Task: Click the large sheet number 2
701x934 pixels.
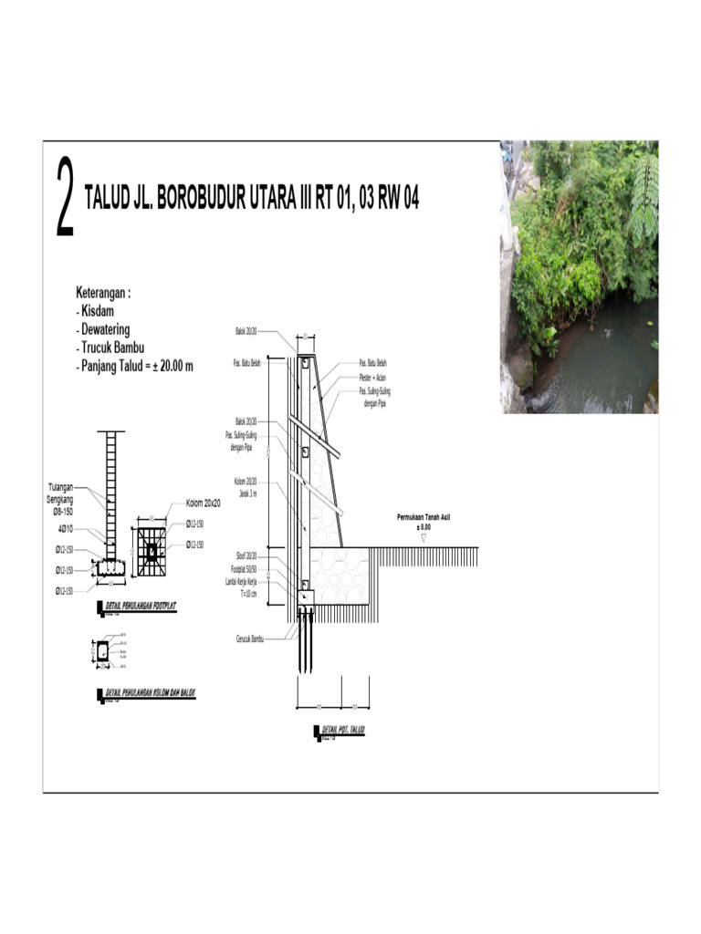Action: coord(65,198)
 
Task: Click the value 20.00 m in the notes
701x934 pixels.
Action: coord(177,366)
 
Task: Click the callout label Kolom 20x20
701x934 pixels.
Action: coord(207,503)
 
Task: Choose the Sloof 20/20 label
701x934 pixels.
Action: coord(246,555)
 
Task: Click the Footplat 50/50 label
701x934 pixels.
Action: coord(244,567)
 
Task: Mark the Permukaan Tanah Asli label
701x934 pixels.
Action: coord(424,517)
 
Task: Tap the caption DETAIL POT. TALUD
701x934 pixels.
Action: coord(340,731)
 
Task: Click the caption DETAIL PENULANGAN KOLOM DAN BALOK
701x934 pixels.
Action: coord(152,693)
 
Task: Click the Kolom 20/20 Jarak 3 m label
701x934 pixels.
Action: coord(246,484)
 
